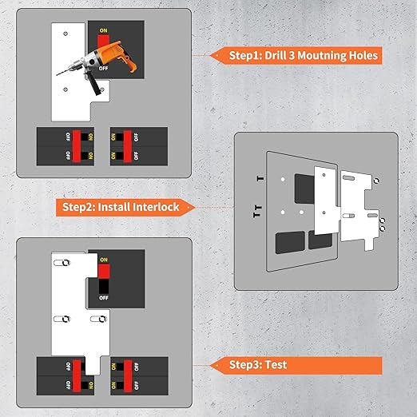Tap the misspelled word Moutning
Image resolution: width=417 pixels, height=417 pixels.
(x=321, y=56)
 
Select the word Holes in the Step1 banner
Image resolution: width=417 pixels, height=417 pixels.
(x=363, y=55)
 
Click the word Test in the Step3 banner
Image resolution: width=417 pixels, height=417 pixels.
(x=276, y=364)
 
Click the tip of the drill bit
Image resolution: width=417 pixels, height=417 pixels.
(x=57, y=75)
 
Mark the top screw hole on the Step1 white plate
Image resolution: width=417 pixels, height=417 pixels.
(x=66, y=34)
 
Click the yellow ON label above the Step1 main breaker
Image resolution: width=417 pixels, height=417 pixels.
(x=103, y=30)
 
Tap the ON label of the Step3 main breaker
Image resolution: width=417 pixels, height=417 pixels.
(x=104, y=260)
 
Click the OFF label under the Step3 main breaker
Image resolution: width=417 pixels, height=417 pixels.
(x=104, y=298)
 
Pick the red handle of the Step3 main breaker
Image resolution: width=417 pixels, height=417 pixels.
(x=104, y=271)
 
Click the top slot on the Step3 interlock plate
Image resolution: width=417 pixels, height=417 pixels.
(x=62, y=263)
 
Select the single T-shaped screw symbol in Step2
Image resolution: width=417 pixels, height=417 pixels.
(x=260, y=178)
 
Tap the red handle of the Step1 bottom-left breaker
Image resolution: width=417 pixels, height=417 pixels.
(x=77, y=146)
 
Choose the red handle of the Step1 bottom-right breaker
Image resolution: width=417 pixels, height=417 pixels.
(x=127, y=146)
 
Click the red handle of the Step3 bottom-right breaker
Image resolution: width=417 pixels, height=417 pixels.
(x=128, y=376)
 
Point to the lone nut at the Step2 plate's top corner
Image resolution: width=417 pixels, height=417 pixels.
(x=376, y=181)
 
